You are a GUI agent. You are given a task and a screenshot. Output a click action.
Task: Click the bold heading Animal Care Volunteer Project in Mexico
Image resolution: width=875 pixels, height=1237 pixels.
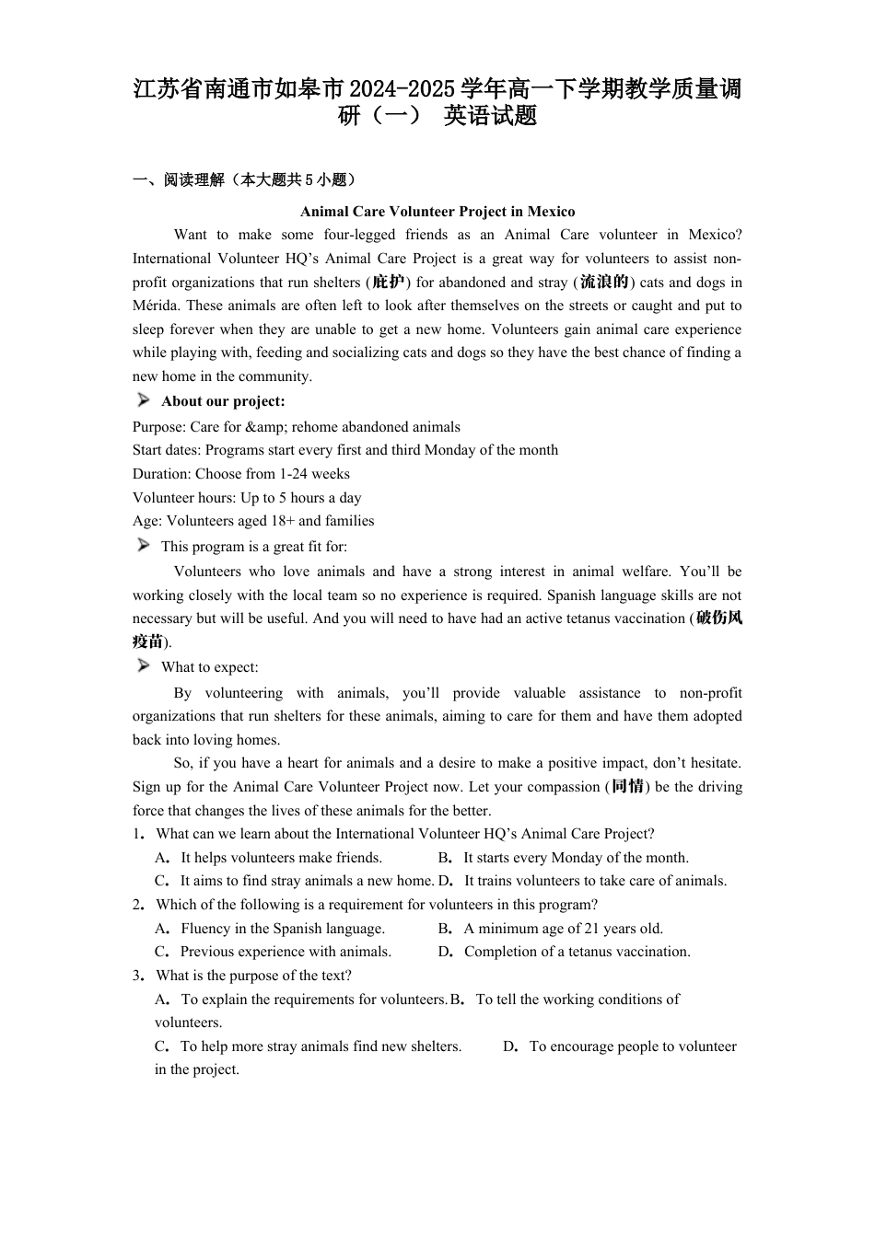click(437, 212)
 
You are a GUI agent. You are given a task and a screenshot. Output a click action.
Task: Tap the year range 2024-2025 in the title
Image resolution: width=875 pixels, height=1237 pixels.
click(402, 90)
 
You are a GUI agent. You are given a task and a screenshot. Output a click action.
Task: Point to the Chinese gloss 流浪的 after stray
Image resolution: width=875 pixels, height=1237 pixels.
click(603, 283)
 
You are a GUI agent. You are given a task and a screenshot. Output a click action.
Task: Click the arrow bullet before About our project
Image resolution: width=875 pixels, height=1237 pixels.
click(144, 400)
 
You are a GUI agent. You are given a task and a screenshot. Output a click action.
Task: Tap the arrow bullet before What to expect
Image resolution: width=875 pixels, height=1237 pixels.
click(144, 666)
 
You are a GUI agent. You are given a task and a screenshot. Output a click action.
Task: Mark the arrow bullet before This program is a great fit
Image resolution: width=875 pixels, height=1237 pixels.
click(144, 546)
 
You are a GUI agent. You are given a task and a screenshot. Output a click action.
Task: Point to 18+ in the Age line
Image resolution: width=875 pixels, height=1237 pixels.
click(283, 521)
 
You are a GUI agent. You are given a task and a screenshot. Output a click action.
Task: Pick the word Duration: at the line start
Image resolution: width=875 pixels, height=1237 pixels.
click(161, 474)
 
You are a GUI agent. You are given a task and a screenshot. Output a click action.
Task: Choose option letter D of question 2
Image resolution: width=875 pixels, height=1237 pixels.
click(445, 952)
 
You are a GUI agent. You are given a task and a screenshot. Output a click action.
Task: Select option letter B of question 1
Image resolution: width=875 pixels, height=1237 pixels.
click(445, 858)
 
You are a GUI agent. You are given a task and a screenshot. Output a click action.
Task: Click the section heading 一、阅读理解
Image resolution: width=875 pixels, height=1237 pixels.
click(179, 180)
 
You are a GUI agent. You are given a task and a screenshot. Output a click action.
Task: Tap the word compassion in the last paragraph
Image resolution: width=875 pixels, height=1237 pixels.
click(565, 787)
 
